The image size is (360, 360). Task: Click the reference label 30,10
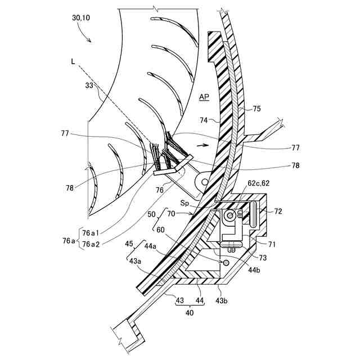point(81,18)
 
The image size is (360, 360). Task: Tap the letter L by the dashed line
point(73,62)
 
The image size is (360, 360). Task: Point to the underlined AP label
point(204,97)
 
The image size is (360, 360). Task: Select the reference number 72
point(278,211)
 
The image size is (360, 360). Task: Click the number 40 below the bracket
point(190,312)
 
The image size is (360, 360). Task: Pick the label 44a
point(151,245)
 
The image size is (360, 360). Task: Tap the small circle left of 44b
point(226,262)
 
